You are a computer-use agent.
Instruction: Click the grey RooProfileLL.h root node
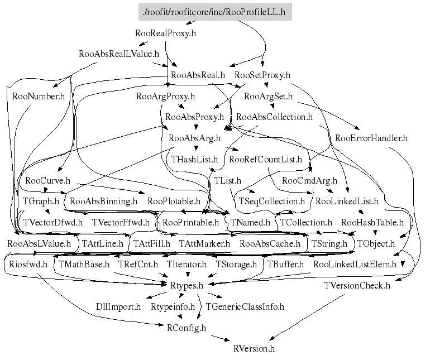click(x=215, y=12)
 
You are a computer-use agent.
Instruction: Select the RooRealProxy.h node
click(x=166, y=33)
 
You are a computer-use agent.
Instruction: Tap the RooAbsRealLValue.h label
click(x=119, y=54)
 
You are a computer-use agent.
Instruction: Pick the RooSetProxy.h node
click(x=262, y=75)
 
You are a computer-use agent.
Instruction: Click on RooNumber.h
click(x=39, y=96)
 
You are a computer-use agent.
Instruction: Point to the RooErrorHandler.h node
click(x=371, y=138)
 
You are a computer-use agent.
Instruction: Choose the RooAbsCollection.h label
click(x=274, y=117)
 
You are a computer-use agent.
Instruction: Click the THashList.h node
click(x=194, y=159)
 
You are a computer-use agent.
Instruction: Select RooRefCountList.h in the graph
click(x=266, y=159)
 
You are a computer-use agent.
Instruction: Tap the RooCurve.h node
click(x=47, y=180)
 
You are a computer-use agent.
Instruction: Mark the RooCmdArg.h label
click(x=310, y=180)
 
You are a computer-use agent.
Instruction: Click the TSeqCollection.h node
click(x=272, y=201)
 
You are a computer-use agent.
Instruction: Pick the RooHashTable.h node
click(x=372, y=222)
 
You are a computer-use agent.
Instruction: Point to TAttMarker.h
click(x=204, y=243)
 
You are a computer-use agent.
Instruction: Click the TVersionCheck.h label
click(x=357, y=286)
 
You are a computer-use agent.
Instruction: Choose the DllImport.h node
click(x=118, y=306)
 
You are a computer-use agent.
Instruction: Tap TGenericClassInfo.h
click(x=245, y=306)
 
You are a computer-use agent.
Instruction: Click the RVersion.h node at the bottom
click(x=254, y=349)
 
